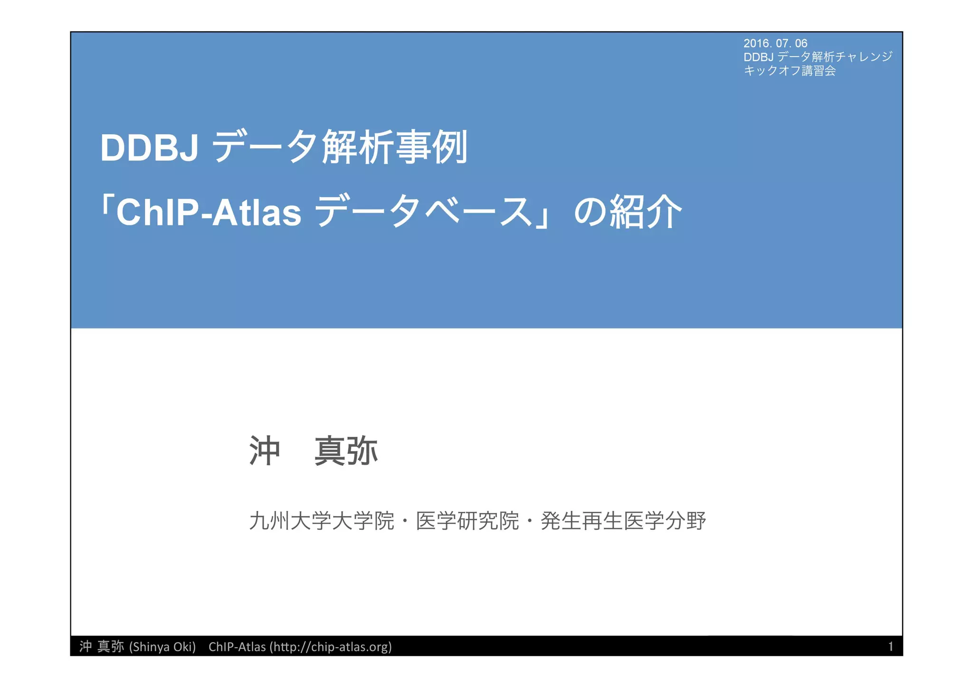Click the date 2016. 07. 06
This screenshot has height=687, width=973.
point(775,43)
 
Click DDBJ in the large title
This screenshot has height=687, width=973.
point(149,148)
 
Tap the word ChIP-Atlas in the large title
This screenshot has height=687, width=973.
point(209,213)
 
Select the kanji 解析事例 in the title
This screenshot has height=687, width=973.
point(395,148)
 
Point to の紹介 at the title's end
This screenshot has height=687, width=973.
point(628,212)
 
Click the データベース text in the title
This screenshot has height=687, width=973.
point(424,212)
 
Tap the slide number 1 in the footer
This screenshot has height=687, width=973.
point(890,646)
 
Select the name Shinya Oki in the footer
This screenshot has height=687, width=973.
point(162,647)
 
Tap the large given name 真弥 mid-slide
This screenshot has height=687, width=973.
point(346,451)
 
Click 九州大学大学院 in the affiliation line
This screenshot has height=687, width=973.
point(322,521)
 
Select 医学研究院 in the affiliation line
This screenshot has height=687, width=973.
point(467,521)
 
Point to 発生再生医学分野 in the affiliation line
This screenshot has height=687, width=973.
point(623,521)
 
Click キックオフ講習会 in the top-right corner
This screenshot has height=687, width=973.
point(789,71)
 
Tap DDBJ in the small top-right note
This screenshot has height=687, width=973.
point(758,57)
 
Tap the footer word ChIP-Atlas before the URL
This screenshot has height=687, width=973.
point(237,647)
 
